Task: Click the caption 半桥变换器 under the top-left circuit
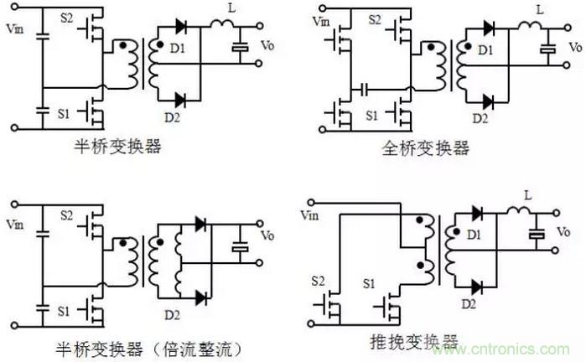(x=117, y=148)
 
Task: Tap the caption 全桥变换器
(x=425, y=148)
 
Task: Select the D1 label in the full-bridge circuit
(x=486, y=51)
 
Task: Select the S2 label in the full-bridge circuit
(x=375, y=19)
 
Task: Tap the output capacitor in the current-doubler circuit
(x=241, y=248)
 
